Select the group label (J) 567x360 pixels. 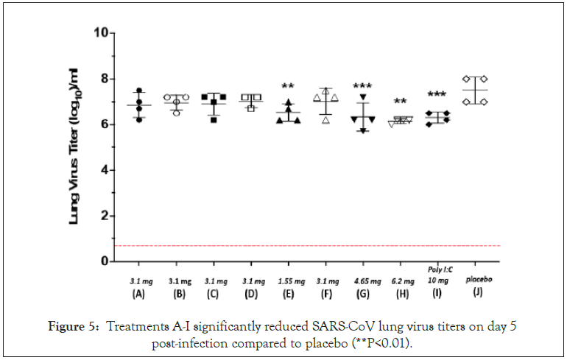[476, 294]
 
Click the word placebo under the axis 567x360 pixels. [476, 280]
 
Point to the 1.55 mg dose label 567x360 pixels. [288, 281]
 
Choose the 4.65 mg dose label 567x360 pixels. [363, 281]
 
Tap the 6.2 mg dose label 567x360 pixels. [401, 281]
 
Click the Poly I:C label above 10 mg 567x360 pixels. [438, 270]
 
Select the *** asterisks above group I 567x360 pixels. [437, 95]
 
